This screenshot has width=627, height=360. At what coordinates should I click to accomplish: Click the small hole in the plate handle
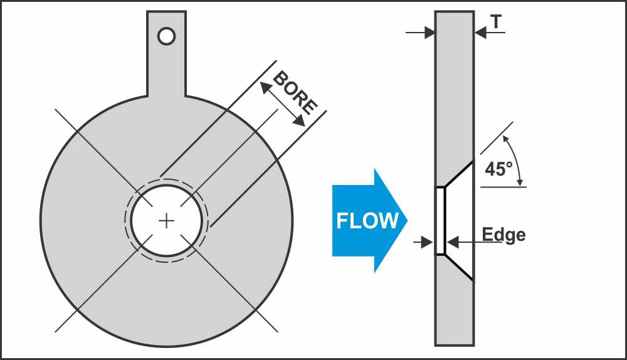click(x=166, y=36)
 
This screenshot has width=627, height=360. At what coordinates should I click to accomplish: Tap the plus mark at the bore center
click(x=166, y=221)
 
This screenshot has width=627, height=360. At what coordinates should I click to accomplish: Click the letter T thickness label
click(x=496, y=22)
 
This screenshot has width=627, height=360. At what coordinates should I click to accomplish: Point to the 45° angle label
click(x=498, y=169)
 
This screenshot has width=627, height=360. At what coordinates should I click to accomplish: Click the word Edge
click(x=503, y=235)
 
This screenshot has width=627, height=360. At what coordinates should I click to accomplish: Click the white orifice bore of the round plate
click(x=166, y=213)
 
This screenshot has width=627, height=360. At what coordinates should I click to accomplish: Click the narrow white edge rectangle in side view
click(x=440, y=221)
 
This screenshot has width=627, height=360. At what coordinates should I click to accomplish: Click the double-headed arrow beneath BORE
click(x=283, y=105)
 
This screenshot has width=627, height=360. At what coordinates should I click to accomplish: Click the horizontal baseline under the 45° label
click(x=502, y=186)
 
